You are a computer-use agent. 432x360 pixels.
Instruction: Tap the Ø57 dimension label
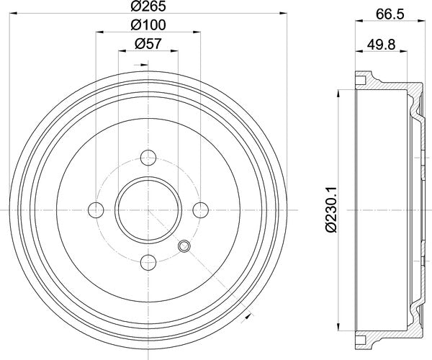pos(148,43)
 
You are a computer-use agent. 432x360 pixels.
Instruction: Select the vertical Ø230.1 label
pos(330,209)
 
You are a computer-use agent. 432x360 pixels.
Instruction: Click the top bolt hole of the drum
pos(148,156)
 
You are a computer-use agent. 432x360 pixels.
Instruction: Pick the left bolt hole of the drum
pos(96,209)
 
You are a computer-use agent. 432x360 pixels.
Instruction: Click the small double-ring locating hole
pos(184,246)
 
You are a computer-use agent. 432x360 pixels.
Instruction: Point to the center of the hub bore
pos(148,209)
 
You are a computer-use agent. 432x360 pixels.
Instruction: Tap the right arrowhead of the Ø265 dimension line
pos(284,16)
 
